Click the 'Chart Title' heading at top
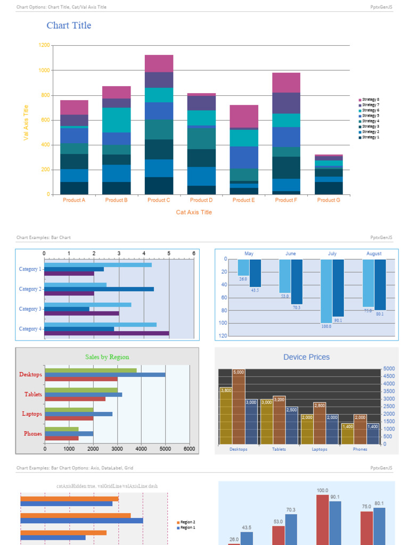(x=69, y=26)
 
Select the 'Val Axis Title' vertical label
(x=26, y=122)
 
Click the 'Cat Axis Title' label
(x=194, y=212)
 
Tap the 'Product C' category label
(x=159, y=200)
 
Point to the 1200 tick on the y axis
(x=44, y=46)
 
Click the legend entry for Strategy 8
(x=369, y=100)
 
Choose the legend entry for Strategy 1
(x=369, y=137)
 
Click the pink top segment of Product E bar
(x=244, y=116)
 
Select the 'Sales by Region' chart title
(x=107, y=357)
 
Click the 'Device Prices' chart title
(x=306, y=357)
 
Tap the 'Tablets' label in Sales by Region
(x=33, y=394)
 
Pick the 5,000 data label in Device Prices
(x=239, y=372)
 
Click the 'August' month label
(x=374, y=254)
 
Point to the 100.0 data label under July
(x=326, y=326)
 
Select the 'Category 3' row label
(x=30, y=309)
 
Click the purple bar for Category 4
(x=107, y=334)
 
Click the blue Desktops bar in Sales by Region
(x=105, y=375)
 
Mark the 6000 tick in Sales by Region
(x=189, y=449)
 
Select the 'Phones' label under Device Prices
(x=360, y=449)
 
